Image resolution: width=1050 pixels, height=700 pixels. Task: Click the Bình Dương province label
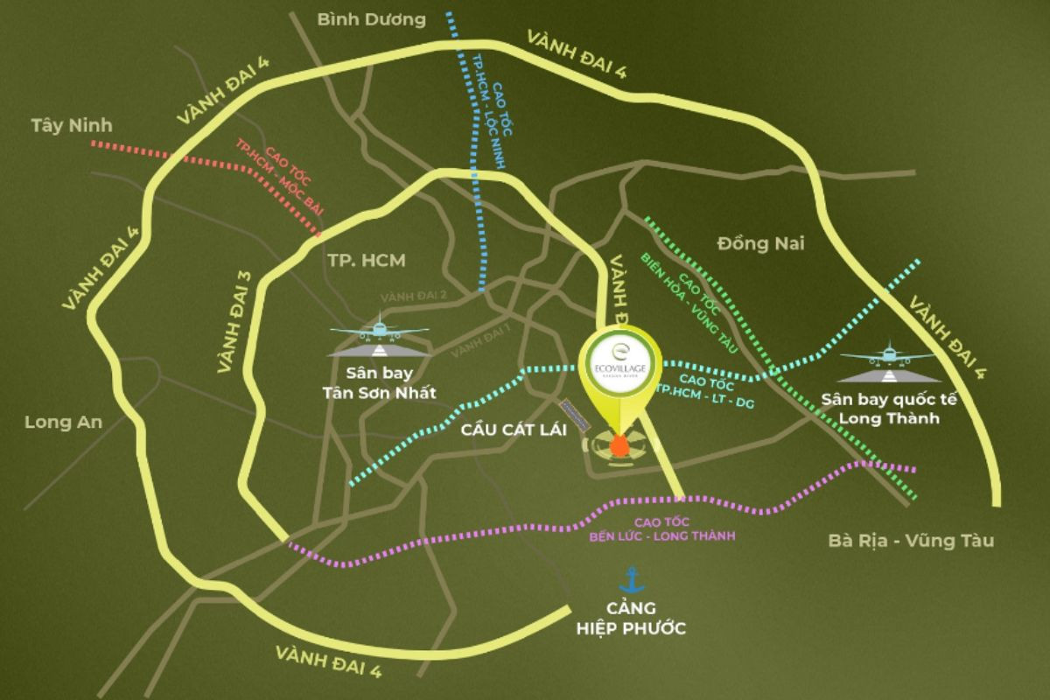(372, 19)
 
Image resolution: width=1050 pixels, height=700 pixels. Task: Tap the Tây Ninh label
(66, 125)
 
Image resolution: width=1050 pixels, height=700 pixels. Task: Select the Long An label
(63, 422)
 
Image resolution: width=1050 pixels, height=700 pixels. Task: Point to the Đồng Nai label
(759, 243)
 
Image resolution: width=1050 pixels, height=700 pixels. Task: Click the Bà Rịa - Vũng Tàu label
(911, 540)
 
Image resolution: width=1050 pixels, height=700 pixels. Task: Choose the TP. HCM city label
(367, 260)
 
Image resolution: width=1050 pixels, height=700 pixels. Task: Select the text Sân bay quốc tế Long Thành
(889, 409)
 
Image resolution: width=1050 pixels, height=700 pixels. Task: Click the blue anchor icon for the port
(630, 579)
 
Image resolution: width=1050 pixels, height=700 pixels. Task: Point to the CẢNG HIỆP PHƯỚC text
(631, 618)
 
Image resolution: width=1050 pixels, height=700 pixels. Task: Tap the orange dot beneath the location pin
(619, 447)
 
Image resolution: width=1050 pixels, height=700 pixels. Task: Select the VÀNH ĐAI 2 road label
(414, 296)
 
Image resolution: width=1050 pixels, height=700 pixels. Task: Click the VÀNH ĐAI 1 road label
(480, 340)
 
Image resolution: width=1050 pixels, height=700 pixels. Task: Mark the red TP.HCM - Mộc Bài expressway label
(278, 177)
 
